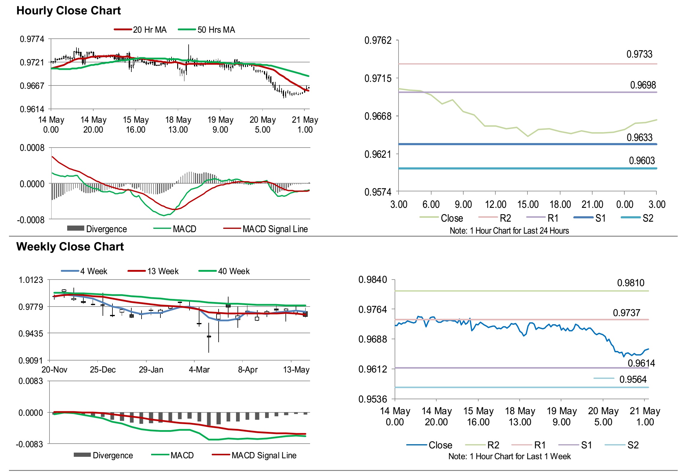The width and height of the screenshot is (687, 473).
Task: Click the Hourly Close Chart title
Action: (68, 11)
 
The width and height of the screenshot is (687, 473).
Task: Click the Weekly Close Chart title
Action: (70, 247)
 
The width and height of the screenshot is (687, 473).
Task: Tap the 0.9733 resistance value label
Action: (639, 54)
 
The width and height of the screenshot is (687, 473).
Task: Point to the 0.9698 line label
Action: (643, 85)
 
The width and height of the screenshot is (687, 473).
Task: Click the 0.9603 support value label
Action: (642, 161)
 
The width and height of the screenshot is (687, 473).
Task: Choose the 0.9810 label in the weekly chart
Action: (631, 283)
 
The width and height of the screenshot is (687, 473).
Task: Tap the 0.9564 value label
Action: (633, 379)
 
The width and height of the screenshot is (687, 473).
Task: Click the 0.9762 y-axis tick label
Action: (378, 40)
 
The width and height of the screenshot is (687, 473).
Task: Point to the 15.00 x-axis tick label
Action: (528, 205)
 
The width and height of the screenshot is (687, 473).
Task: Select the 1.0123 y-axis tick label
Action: (31, 280)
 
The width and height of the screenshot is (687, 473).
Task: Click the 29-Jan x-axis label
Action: (151, 370)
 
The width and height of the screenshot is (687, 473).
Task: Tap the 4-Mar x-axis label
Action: (199, 370)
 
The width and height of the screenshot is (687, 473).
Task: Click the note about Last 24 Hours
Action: (509, 231)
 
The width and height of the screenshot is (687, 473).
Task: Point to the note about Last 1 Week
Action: (509, 456)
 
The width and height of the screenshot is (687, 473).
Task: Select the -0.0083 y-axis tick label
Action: (29, 444)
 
